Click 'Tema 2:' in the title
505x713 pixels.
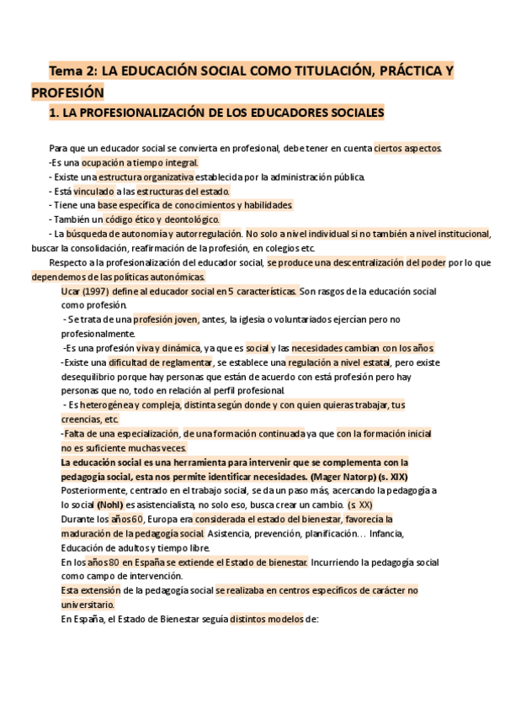pyautogui.click(x=72, y=71)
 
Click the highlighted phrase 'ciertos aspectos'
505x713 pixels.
pyautogui.click(x=407, y=148)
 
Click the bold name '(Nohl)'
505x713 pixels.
pyautogui.click(x=109, y=504)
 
